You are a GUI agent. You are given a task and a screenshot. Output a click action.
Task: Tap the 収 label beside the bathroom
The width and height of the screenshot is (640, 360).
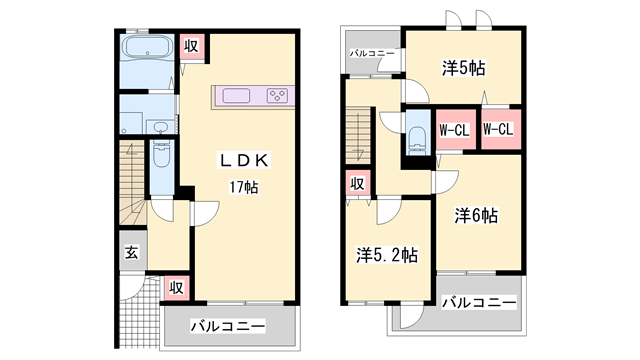(x=190, y=44)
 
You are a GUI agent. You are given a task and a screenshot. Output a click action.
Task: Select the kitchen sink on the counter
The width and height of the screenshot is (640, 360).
(x=237, y=97)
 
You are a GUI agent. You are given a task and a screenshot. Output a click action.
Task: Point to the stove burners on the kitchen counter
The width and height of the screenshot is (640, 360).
(x=278, y=97)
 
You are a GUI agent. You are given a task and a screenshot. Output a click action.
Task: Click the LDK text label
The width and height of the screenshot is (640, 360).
(x=246, y=161)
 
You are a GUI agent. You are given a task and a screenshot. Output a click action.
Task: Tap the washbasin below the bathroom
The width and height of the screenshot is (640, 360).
(x=161, y=126)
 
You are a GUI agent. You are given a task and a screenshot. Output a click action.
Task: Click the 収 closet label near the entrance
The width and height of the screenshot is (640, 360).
(x=174, y=288)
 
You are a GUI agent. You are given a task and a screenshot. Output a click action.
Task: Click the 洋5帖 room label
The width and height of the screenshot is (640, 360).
(x=464, y=68)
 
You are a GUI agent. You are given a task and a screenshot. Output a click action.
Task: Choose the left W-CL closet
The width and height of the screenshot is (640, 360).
(x=454, y=129)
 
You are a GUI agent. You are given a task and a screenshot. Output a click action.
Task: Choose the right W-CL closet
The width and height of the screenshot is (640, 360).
(x=497, y=129)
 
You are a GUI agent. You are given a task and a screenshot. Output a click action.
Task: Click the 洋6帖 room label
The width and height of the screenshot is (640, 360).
(x=477, y=214)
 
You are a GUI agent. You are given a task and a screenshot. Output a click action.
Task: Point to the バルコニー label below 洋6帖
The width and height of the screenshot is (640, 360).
(x=479, y=303)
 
